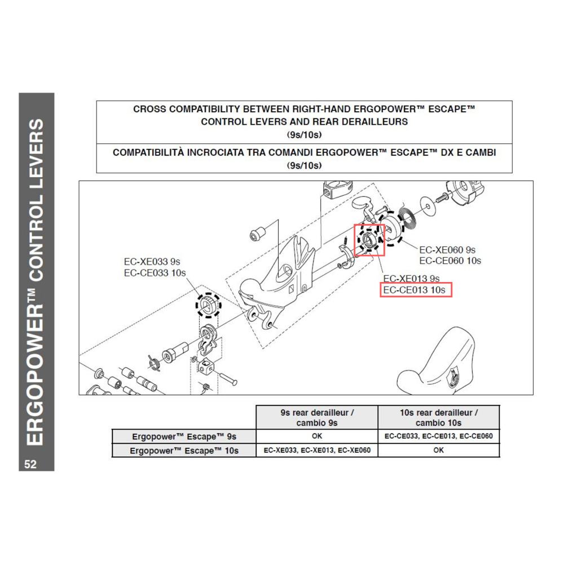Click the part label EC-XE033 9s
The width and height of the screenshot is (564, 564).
pyautogui.click(x=152, y=262)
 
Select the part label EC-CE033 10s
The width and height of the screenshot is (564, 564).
pyautogui.click(x=155, y=273)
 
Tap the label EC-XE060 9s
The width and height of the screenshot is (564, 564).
pyautogui.click(x=447, y=249)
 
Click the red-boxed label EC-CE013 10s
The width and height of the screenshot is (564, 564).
pyautogui.click(x=416, y=290)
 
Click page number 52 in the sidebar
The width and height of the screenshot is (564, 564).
pyautogui.click(x=30, y=464)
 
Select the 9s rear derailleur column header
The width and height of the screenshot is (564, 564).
pyautogui.click(x=316, y=417)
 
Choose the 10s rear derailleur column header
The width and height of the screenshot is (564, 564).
pyautogui.click(x=438, y=417)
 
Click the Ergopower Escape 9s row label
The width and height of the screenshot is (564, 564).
pyautogui.click(x=184, y=437)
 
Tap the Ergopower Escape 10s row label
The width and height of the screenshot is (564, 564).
pyautogui.click(x=184, y=450)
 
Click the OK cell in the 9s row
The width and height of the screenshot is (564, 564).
pyautogui.click(x=316, y=437)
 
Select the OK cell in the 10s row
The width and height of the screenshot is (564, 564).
pyautogui.click(x=438, y=450)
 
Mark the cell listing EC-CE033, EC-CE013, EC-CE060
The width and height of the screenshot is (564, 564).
pyautogui.click(x=438, y=437)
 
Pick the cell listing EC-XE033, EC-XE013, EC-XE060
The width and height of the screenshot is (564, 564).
pyautogui.click(x=316, y=450)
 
